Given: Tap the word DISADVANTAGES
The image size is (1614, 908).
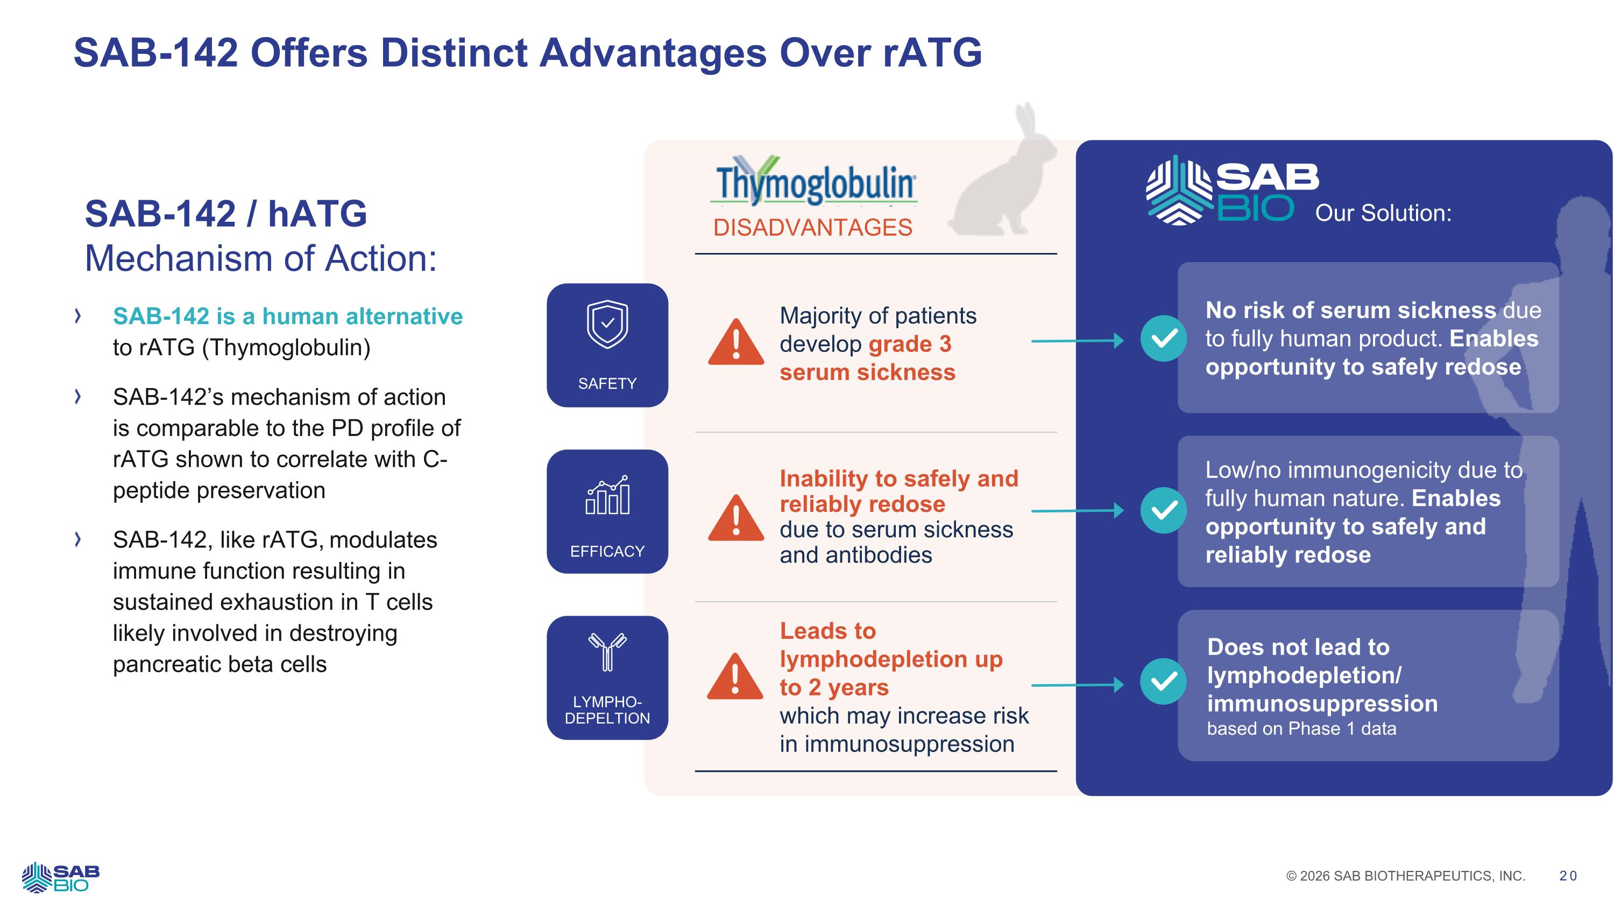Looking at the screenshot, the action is (812, 228).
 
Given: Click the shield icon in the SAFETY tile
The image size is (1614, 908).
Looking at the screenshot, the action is (607, 324).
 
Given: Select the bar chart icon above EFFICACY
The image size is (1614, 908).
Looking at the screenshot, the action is (607, 495).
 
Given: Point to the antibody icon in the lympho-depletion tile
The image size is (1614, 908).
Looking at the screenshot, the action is (607, 652).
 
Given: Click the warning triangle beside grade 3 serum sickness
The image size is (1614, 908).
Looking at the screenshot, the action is (736, 342).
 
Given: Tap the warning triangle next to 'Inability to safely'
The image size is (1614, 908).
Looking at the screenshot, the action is (736, 518).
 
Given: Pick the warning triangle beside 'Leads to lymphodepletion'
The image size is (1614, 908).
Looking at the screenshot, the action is (735, 676).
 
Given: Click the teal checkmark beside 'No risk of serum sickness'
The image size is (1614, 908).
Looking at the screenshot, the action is (1164, 339).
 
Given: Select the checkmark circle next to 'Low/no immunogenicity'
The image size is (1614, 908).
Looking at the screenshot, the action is (1164, 510).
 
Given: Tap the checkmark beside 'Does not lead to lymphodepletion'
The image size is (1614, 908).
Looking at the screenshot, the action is (1164, 681).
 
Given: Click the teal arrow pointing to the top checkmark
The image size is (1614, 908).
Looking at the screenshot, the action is (1078, 341).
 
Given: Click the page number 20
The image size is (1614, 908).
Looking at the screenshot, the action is (1568, 876).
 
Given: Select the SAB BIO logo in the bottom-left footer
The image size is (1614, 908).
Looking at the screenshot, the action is (61, 877).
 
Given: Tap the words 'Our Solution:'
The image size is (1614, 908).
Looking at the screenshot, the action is (1383, 213).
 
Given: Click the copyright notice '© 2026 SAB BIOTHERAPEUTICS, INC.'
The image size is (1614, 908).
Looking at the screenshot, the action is (1406, 876).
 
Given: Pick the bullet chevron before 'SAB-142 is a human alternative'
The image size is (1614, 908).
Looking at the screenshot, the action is (77, 316).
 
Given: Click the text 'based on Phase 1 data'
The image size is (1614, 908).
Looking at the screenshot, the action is (1302, 729).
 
